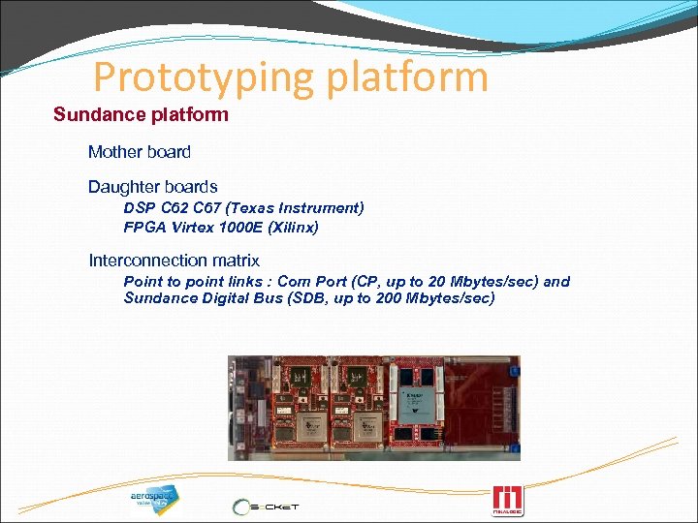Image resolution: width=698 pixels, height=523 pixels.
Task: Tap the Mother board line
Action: (x=140, y=152)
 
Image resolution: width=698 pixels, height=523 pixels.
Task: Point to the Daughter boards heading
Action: (x=152, y=187)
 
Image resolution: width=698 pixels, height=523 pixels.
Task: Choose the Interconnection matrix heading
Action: (x=174, y=261)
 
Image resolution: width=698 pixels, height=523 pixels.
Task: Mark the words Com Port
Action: (x=305, y=282)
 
